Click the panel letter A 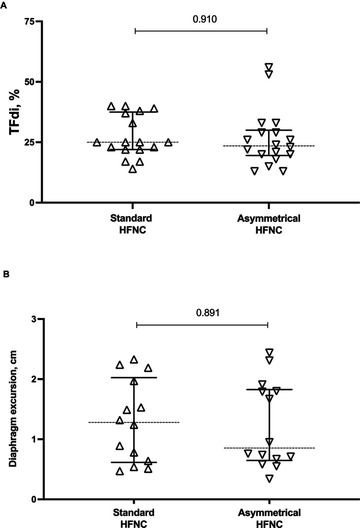pos(5,5)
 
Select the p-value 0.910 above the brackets pos(201,20)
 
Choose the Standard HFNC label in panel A pos(133,224)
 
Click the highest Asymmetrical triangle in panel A pos(269,67)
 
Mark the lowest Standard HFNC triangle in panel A pos(132,169)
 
